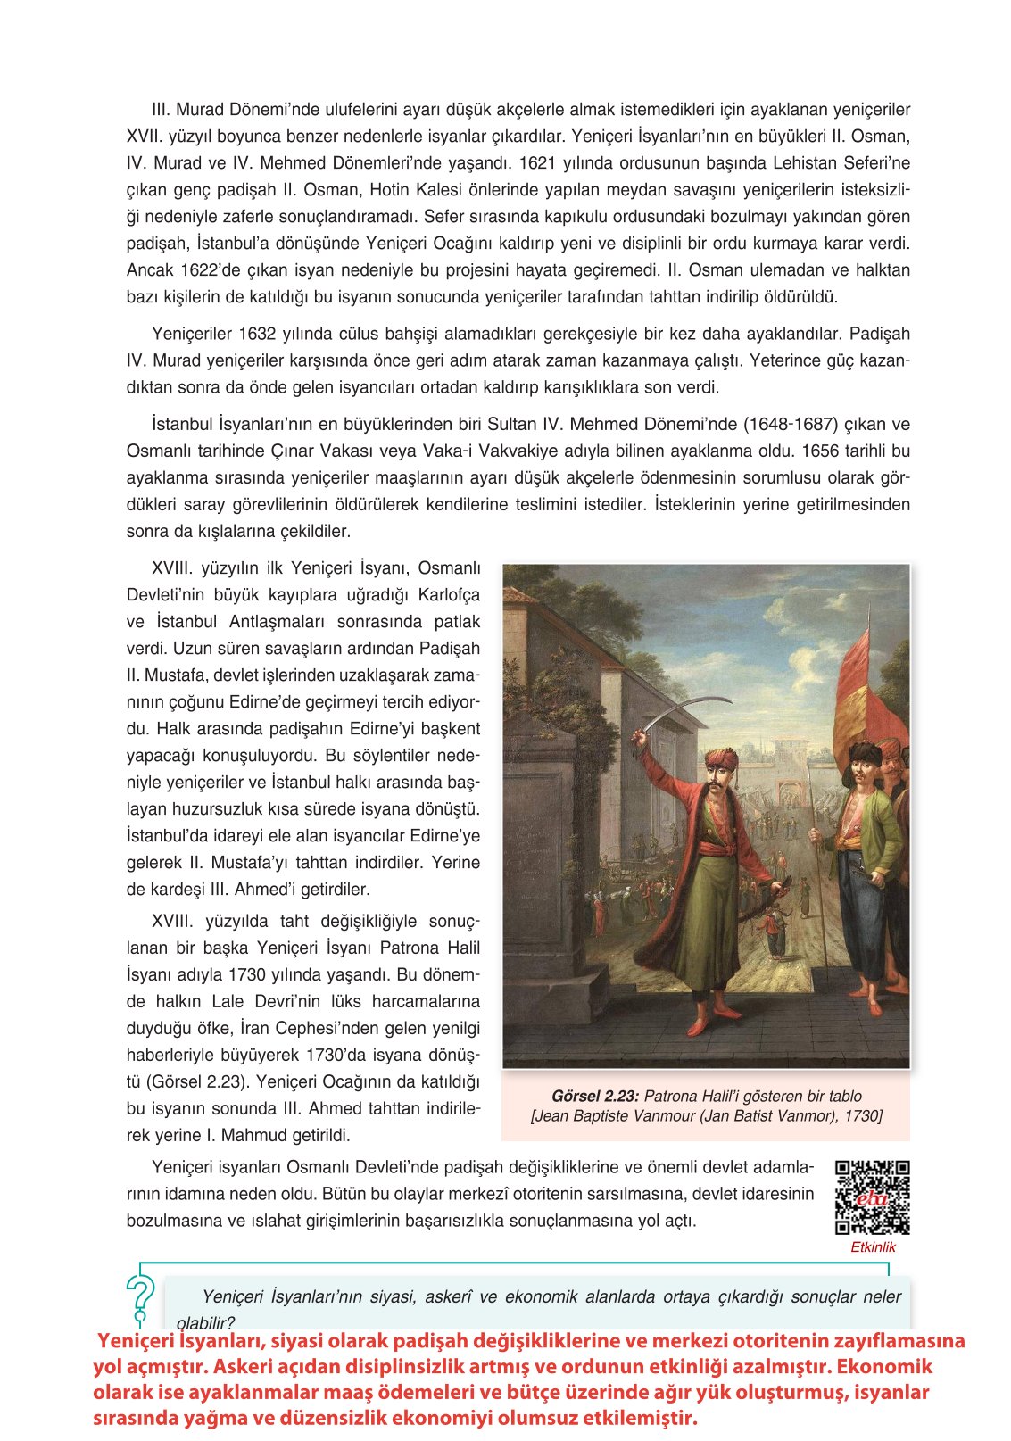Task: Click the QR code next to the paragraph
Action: click(872, 1197)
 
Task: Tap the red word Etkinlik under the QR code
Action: click(872, 1247)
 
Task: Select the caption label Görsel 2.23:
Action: click(595, 1096)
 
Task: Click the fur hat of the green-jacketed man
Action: click(864, 751)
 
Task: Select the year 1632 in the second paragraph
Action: click(259, 334)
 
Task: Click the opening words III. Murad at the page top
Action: click(186, 110)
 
